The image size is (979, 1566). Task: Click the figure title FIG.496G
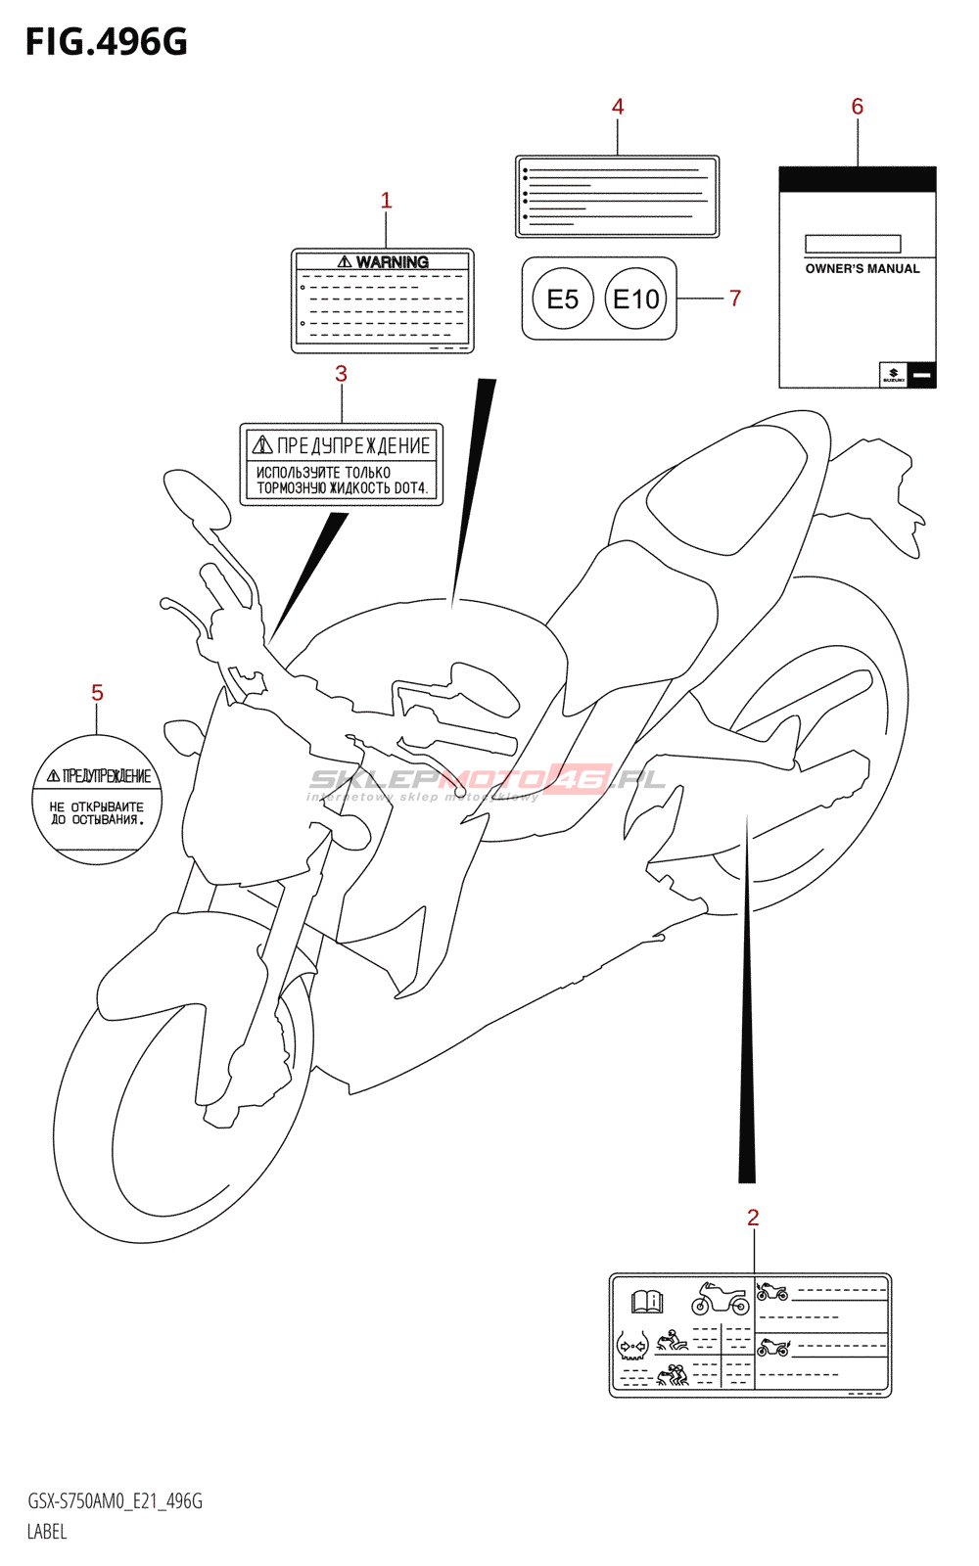[x=106, y=42]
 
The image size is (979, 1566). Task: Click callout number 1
[x=386, y=201]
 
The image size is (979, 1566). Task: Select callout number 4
[x=618, y=107]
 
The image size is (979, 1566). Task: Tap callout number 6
[x=858, y=107]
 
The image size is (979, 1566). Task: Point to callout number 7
[x=735, y=299]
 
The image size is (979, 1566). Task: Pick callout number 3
[x=341, y=374]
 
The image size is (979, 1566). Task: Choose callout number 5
[x=97, y=693]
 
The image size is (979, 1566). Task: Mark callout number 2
[x=753, y=1218]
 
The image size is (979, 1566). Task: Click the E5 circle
[x=563, y=299]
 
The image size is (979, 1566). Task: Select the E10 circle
[x=636, y=299]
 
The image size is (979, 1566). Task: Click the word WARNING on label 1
[x=392, y=262]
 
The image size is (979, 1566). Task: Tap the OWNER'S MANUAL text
[x=862, y=269]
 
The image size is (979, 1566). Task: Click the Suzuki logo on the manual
[x=893, y=375]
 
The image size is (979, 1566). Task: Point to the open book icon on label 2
[x=647, y=1302]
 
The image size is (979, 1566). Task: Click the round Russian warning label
[x=97, y=800]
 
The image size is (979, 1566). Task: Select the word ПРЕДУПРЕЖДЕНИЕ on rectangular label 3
[x=352, y=446]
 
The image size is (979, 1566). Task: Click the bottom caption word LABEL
[x=47, y=1532]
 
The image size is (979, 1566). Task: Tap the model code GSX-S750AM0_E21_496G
[x=115, y=1501]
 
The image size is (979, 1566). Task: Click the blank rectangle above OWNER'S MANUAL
[x=853, y=244]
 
